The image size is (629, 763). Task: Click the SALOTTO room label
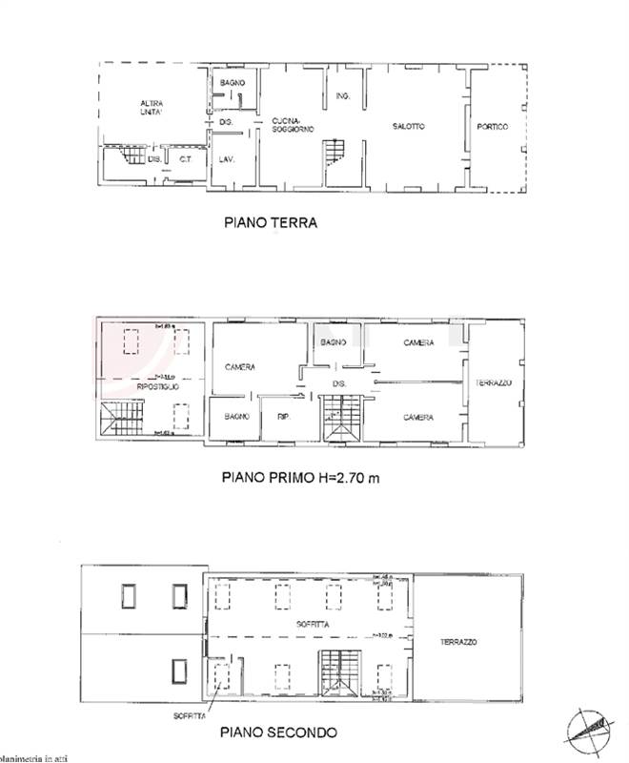(408, 127)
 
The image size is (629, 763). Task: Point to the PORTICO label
(493, 127)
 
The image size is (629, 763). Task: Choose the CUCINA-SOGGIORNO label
(293, 124)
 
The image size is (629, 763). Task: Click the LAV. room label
(227, 159)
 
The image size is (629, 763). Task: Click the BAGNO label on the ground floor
(232, 83)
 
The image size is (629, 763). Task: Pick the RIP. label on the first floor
(282, 416)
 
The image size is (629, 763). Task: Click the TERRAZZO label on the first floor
(494, 382)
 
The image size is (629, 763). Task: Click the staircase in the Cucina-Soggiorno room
(335, 153)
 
